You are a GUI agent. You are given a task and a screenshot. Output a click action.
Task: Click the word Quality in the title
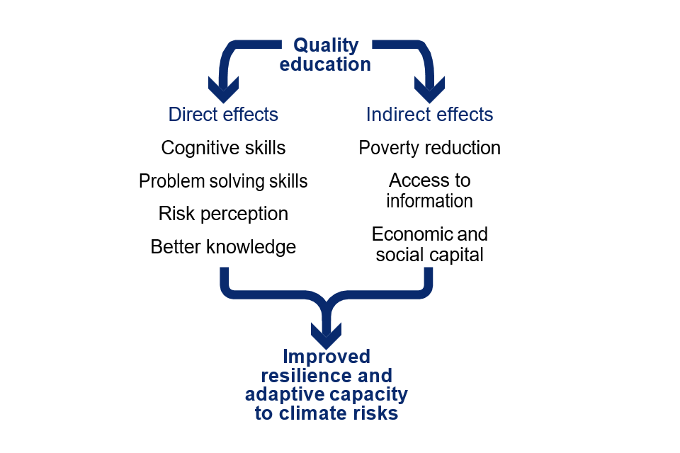(326, 46)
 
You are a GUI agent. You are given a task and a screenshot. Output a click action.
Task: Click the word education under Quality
(325, 64)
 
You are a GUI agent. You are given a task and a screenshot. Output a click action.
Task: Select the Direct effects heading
(223, 115)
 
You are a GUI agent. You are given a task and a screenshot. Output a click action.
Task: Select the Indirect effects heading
(429, 115)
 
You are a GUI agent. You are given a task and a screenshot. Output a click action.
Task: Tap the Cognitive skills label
(223, 148)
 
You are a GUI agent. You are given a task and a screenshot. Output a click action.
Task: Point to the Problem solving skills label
(223, 181)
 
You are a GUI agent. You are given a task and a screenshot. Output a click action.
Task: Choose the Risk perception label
(223, 214)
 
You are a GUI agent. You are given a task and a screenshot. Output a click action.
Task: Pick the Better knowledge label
(223, 247)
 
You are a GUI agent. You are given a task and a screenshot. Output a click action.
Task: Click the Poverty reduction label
(429, 148)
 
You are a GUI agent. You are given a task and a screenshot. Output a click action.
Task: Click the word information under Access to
(429, 201)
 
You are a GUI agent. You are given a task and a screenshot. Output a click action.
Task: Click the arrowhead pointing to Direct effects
(223, 89)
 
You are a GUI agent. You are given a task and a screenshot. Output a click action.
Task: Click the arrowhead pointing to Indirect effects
(429, 89)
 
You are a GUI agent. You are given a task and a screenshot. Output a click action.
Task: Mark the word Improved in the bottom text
(327, 357)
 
